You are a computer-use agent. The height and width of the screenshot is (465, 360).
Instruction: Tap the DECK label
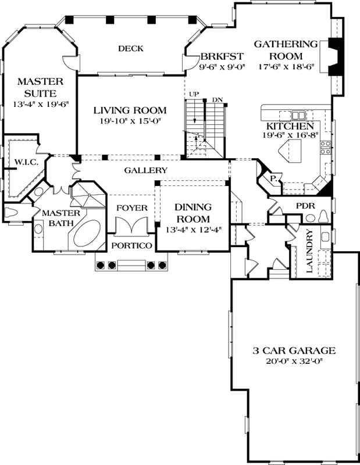(130, 48)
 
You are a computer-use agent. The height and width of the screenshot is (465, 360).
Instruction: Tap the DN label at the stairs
(218, 99)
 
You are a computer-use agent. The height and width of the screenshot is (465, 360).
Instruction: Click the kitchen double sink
(299, 115)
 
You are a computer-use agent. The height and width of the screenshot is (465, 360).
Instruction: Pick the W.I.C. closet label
(27, 162)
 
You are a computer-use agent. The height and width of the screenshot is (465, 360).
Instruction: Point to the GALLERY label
(146, 170)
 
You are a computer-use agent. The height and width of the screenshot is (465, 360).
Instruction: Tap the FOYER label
(131, 208)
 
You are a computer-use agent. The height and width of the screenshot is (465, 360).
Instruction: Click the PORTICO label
(133, 246)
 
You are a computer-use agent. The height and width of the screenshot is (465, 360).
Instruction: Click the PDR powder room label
(305, 206)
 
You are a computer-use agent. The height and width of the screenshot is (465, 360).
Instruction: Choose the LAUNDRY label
(309, 251)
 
